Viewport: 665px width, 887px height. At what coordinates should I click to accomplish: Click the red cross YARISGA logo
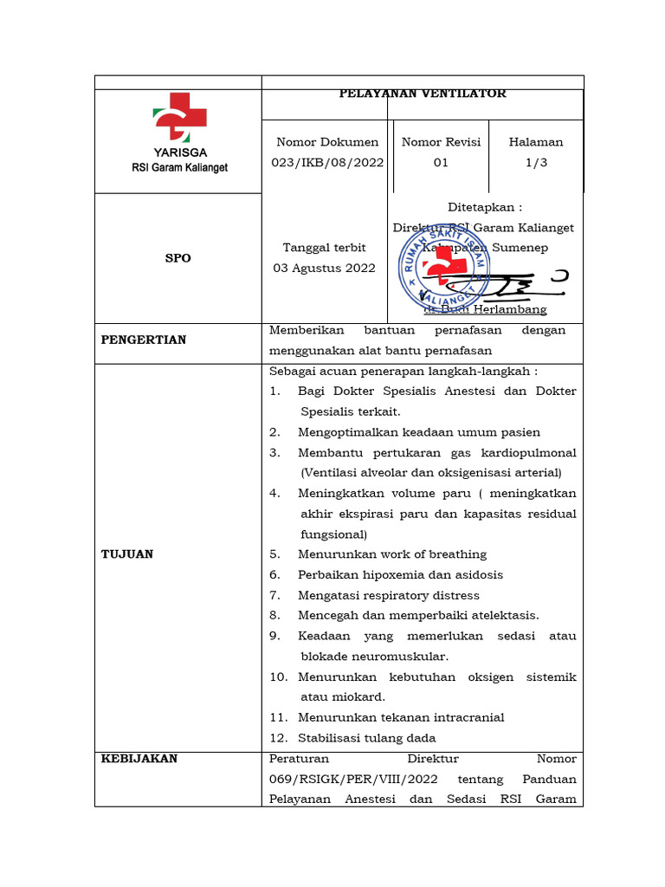click(179, 117)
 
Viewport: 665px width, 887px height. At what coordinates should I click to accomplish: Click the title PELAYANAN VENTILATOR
click(423, 93)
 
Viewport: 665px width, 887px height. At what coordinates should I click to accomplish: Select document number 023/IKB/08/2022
click(327, 162)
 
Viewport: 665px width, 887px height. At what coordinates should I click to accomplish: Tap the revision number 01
click(441, 162)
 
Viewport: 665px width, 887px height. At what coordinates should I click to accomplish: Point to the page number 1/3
click(535, 162)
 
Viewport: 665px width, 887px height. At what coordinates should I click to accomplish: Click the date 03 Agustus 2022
click(324, 268)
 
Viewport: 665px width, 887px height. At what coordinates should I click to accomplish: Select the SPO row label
click(178, 258)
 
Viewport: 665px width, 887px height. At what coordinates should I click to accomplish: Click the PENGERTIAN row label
click(143, 340)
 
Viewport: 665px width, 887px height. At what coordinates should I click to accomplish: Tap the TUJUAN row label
click(126, 554)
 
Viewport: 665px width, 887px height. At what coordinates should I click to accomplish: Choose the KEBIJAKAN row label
click(139, 758)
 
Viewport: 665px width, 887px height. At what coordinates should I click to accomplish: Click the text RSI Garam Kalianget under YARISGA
click(179, 167)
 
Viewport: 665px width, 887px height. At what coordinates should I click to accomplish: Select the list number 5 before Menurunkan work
click(274, 554)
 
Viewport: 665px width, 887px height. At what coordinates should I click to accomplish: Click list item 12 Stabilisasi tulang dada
click(366, 738)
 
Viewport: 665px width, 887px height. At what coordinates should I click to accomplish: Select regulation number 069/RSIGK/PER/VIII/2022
click(354, 779)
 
